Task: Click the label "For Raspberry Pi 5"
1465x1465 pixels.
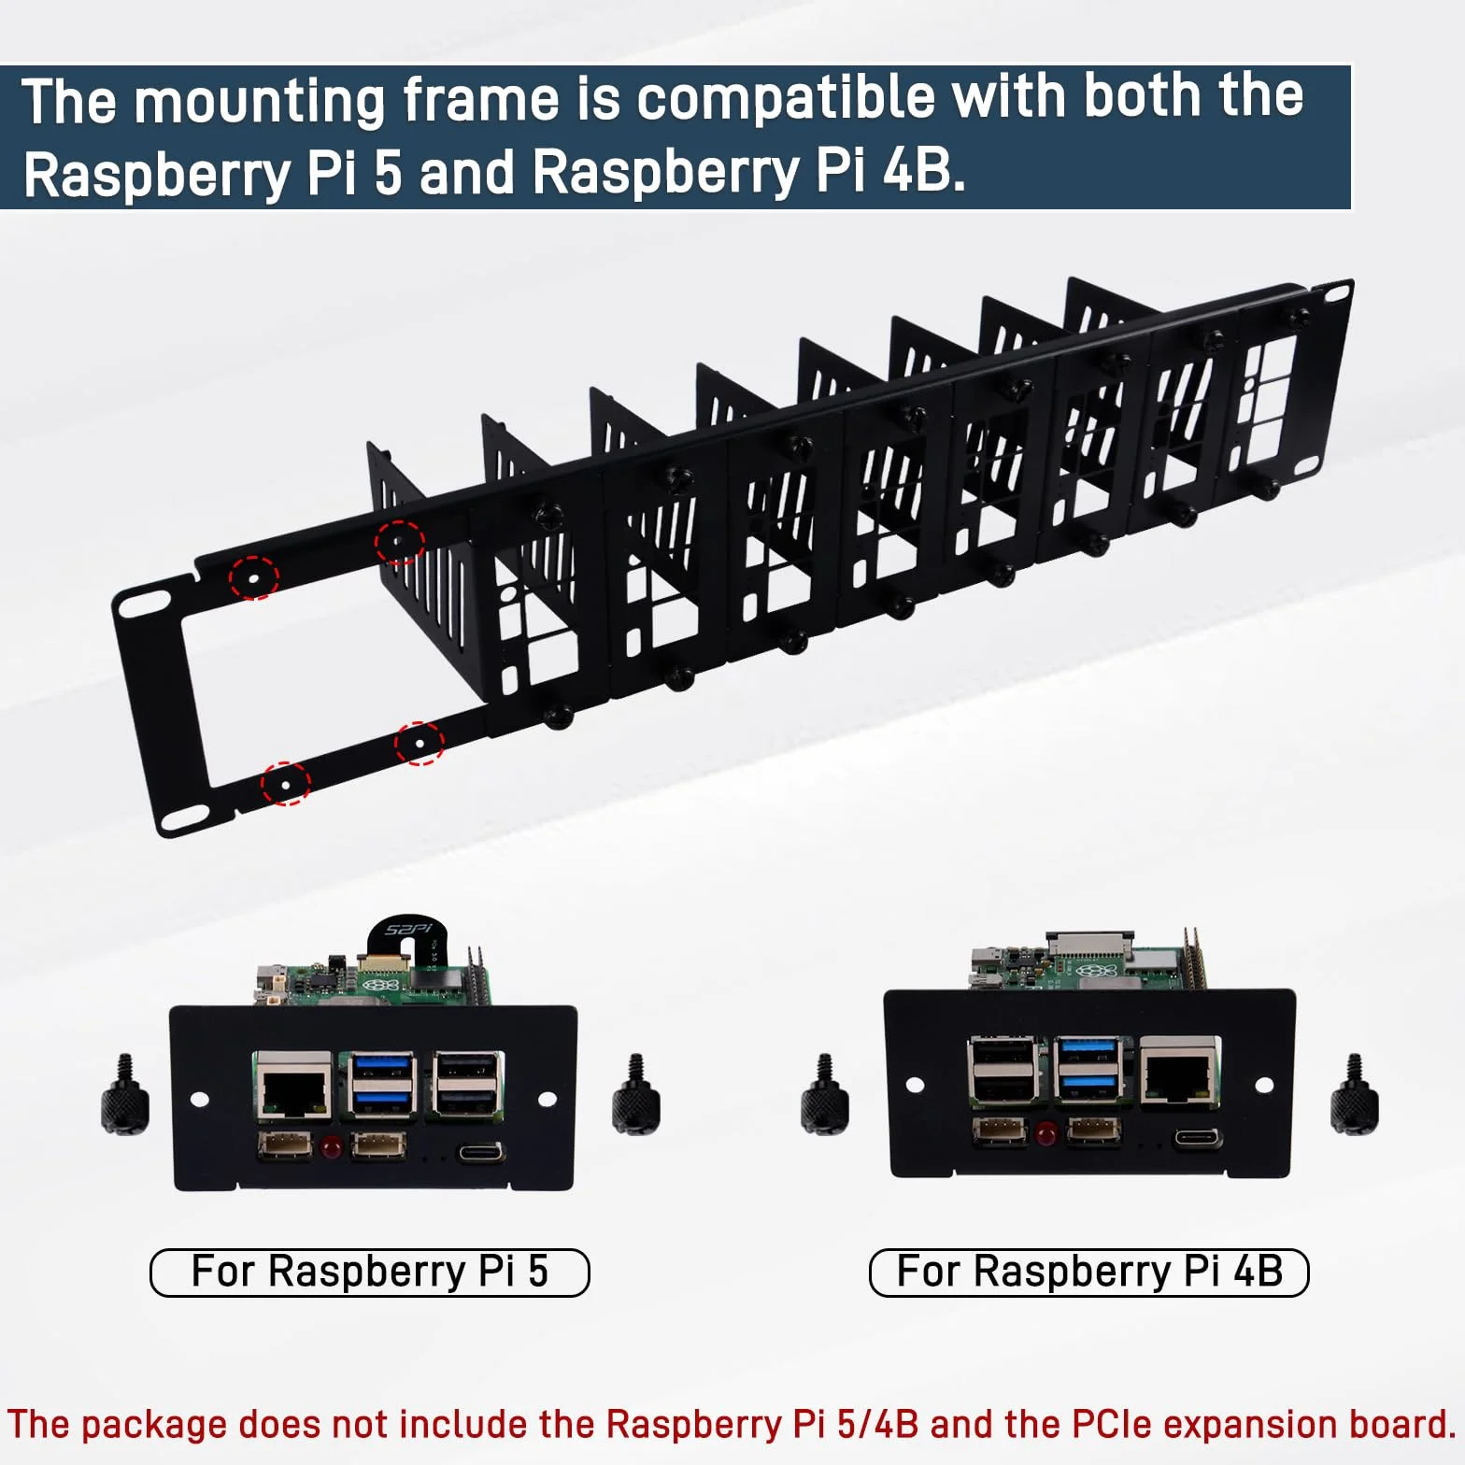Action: pos(370,1272)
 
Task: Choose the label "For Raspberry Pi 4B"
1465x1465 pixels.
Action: pos(1088,1272)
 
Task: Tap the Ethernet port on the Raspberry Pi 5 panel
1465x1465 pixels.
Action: pos(294,1087)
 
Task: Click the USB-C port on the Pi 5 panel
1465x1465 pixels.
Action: pos(481,1152)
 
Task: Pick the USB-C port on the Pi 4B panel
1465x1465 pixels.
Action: pos(1198,1139)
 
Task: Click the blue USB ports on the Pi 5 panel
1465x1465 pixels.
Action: pos(382,1084)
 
